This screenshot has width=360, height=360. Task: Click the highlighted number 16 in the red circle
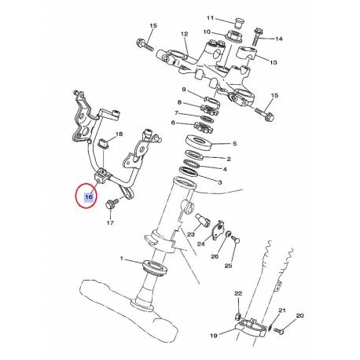(87, 198)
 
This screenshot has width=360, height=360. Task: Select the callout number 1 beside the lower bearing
(122, 259)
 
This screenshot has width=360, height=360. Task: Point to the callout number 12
(185, 35)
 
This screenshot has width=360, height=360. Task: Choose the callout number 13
(274, 62)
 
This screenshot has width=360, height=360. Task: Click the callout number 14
(278, 38)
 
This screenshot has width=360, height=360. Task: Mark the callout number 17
(110, 223)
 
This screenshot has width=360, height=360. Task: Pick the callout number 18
(119, 135)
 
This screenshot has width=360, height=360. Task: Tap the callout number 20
(299, 315)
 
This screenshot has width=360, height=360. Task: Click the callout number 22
(238, 293)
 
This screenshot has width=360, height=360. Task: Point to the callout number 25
(229, 266)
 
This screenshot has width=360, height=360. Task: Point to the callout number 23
(190, 233)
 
